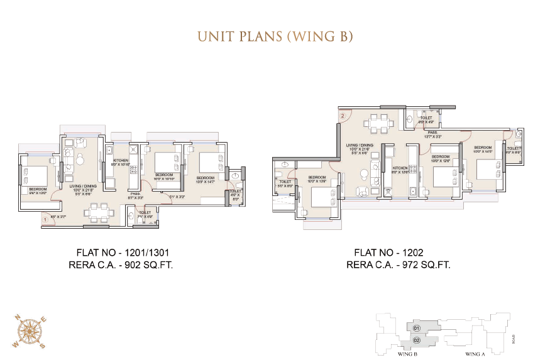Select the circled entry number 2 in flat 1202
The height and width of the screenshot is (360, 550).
[343, 116]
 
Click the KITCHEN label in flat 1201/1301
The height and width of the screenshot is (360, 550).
[121, 161]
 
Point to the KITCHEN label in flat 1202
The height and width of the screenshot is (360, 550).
[400, 168]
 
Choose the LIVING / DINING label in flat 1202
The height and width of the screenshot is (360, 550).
[360, 146]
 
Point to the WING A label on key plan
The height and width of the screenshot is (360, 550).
[475, 354]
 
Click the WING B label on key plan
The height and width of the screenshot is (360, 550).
[409, 354]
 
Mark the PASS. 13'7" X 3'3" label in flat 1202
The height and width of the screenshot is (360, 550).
[432, 134]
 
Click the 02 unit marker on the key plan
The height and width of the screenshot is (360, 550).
[416, 340]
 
